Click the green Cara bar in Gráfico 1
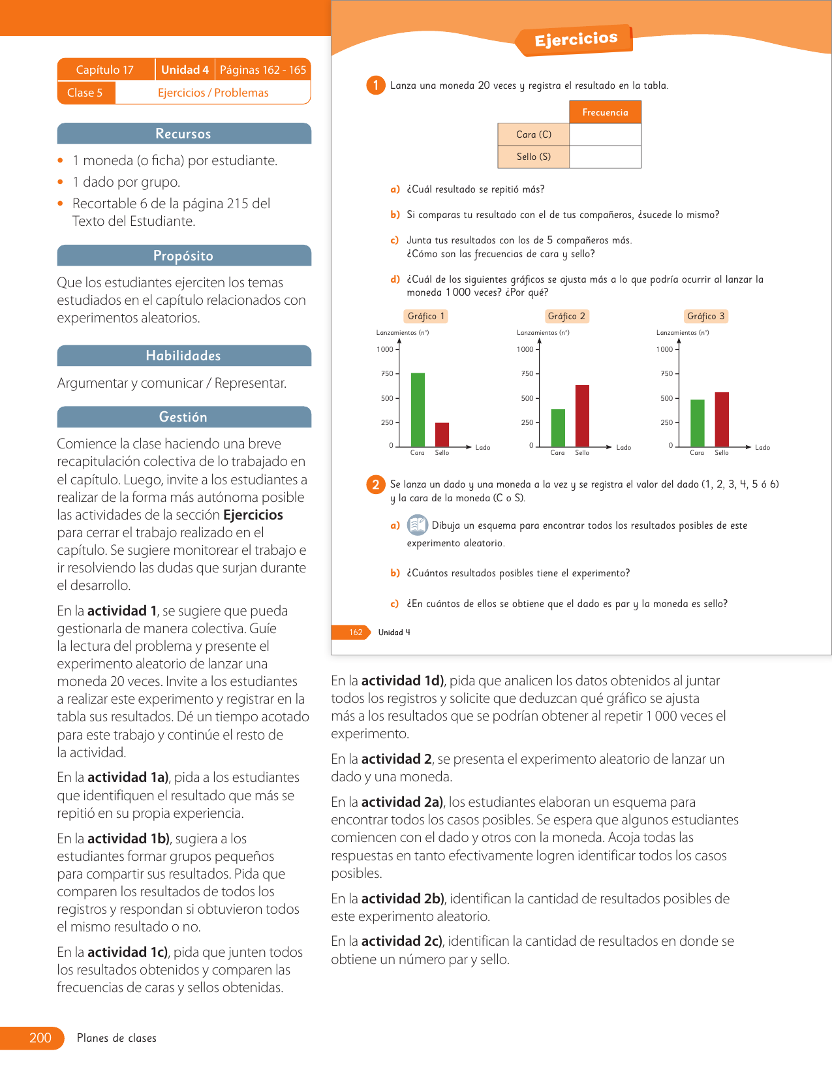coord(418,409)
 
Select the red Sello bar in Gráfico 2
coord(582,416)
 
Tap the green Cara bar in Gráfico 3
coord(697,423)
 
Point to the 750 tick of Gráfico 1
coord(388,373)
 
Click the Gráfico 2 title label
coord(566,316)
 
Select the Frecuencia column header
coord(605,112)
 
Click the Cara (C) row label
coord(533,134)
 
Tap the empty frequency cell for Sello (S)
coord(605,157)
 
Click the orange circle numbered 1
coord(375,86)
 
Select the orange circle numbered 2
coord(375,484)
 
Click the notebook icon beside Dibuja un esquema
coord(417,525)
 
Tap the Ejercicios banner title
coord(576,40)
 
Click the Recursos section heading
coord(183,134)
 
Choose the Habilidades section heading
coord(183,356)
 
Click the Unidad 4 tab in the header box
coord(185,70)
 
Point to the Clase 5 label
coord(85,93)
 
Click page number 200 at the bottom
coord(40,1038)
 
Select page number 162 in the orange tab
coord(356,632)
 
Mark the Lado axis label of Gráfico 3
coord(762,447)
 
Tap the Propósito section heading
coord(183,256)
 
